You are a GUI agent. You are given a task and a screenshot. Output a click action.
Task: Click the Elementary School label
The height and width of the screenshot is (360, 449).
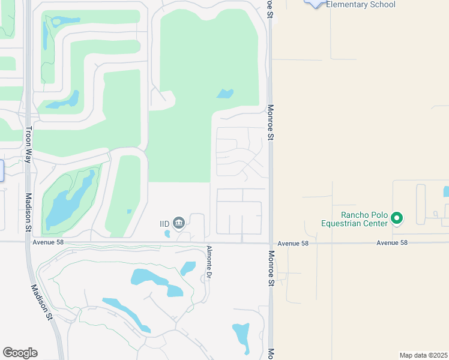(x=361, y=5)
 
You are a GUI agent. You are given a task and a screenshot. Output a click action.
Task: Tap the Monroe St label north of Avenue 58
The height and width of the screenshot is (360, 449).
(x=270, y=122)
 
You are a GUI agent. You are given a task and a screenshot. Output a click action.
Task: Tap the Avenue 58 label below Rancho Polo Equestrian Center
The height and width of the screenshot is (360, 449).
(x=392, y=243)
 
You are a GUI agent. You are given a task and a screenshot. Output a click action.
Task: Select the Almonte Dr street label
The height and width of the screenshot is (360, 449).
(x=209, y=263)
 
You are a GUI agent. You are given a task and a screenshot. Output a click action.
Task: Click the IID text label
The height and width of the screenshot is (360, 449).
(x=164, y=223)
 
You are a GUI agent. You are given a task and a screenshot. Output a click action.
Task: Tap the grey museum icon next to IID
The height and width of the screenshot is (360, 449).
(x=178, y=223)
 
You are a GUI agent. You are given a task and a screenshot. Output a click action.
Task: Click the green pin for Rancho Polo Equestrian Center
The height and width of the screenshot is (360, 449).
(x=396, y=218)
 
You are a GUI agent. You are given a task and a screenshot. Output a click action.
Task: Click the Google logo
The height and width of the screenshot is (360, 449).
(x=20, y=353)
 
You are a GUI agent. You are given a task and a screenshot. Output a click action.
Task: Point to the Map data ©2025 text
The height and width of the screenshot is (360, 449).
(x=423, y=355)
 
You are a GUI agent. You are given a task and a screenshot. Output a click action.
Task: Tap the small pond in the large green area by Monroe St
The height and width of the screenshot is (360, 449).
(x=225, y=94)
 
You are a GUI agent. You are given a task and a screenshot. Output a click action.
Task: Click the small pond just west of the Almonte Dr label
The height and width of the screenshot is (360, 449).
(x=188, y=268)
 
